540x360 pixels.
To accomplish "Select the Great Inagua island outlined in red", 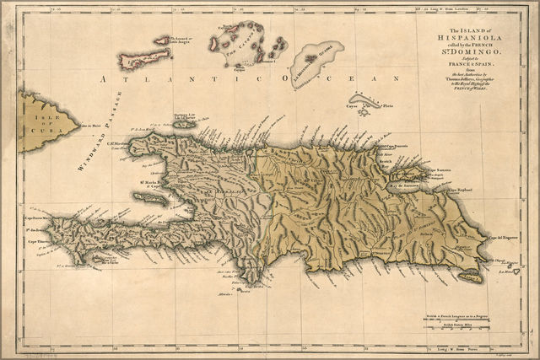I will click(x=144, y=59).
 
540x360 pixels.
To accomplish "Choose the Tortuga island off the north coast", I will click(x=184, y=124).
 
